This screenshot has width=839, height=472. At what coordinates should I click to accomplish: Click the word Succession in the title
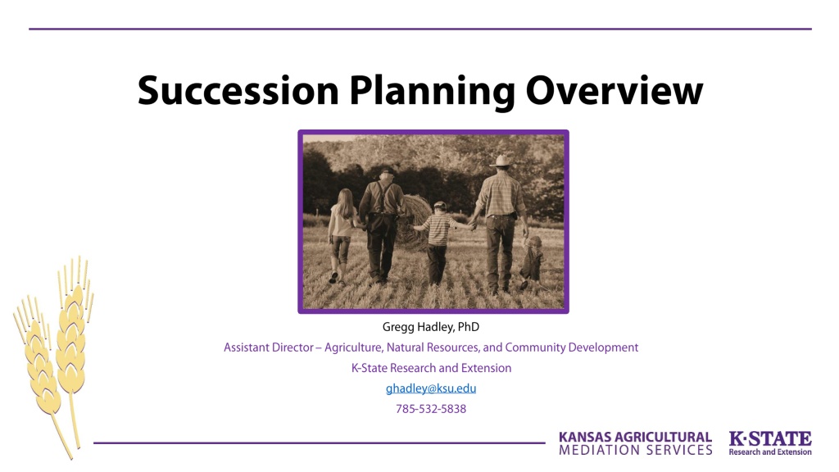pyautogui.click(x=238, y=91)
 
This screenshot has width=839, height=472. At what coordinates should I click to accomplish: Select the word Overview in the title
pyautogui.click(x=615, y=91)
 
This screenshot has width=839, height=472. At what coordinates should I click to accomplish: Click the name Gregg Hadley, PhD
pyautogui.click(x=431, y=327)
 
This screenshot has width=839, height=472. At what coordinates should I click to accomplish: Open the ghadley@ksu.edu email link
pyautogui.click(x=431, y=388)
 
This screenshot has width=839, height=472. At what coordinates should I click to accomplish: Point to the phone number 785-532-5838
pyautogui.click(x=431, y=409)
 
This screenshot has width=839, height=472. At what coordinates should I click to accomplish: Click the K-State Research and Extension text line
pyautogui.click(x=431, y=368)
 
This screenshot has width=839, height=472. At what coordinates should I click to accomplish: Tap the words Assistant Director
pyautogui.click(x=268, y=347)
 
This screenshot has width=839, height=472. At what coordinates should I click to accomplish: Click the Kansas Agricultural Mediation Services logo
pyautogui.click(x=635, y=443)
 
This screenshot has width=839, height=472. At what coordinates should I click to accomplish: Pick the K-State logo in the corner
pyautogui.click(x=770, y=443)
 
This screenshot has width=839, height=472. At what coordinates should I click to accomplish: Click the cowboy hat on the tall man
pyautogui.click(x=502, y=161)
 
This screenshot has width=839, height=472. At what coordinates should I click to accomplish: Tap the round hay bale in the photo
pyautogui.click(x=412, y=222)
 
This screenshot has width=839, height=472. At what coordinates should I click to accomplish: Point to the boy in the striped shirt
pyautogui.click(x=438, y=242)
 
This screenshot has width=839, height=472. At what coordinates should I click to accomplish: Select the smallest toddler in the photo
pyautogui.click(x=531, y=262)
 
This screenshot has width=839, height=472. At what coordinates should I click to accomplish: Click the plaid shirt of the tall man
pyautogui.click(x=501, y=193)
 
